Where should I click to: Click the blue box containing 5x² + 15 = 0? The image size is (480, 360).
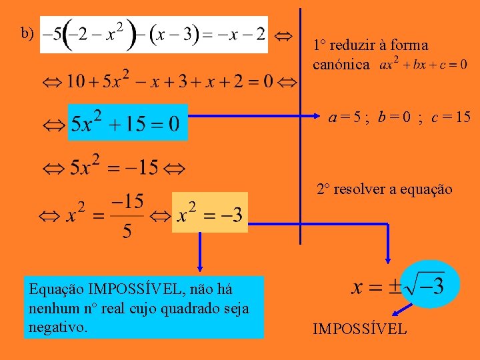(128, 122)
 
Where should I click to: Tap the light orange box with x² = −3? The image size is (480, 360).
(209, 212)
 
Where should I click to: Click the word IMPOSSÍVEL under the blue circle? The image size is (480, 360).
(359, 328)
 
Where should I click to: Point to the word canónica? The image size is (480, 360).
(341, 65)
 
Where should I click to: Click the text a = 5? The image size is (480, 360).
(345, 117)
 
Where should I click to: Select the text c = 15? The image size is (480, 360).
(451, 117)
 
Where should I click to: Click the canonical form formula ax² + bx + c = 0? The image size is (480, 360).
(423, 65)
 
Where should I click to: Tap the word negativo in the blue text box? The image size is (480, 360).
(59, 327)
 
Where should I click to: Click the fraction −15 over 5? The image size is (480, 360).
(127, 215)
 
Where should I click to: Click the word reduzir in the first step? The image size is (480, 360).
(353, 46)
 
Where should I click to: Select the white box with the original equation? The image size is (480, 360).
(154, 34)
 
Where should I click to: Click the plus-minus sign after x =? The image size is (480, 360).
(396, 287)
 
